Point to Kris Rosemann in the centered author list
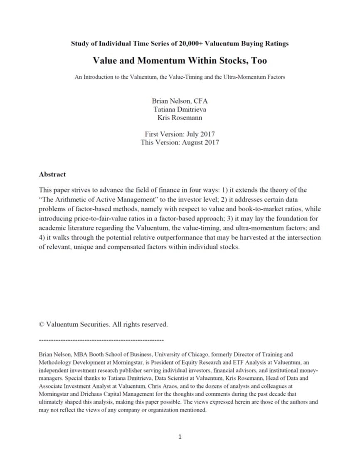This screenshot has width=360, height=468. tap(180, 118)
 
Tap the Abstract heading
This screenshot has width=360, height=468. tap(52, 174)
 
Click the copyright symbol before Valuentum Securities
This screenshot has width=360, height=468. tap(41, 324)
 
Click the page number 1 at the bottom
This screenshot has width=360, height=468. tap(180, 437)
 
